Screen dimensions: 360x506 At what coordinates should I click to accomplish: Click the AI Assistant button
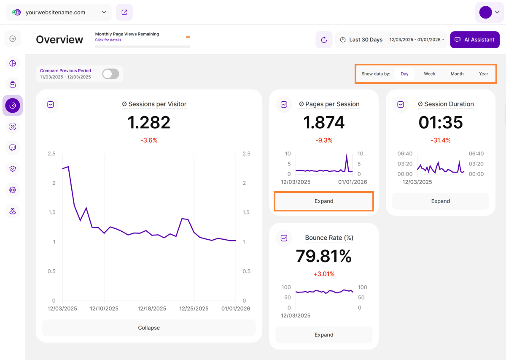tap(475, 40)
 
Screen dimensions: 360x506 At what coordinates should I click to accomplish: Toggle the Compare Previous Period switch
tap(110, 74)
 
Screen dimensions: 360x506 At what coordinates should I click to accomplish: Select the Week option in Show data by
tap(429, 74)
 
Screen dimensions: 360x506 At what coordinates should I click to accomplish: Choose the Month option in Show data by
tap(457, 74)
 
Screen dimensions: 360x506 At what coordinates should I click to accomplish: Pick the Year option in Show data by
tap(483, 74)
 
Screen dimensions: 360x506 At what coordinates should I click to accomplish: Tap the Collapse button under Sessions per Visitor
tap(149, 328)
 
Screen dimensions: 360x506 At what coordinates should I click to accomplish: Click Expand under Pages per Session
tap(324, 201)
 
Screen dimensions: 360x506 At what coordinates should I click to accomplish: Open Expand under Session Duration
tap(440, 201)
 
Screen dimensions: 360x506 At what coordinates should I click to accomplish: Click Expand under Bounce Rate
tap(324, 335)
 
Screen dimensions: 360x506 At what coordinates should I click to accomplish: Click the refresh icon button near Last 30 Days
tap(324, 40)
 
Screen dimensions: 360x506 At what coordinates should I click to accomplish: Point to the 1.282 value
tap(149, 122)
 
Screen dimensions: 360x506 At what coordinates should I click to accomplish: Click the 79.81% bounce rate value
tap(324, 256)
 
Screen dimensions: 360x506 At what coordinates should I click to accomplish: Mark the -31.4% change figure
tap(440, 140)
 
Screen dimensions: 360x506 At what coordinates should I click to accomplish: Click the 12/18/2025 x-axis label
tap(152, 309)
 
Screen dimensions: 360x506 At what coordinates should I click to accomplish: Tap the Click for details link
tap(108, 40)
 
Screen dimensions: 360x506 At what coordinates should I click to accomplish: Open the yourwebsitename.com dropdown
tap(59, 12)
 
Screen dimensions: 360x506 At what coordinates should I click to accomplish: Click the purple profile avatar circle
tap(485, 12)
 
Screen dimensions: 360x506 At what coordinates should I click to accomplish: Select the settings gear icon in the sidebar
tap(13, 190)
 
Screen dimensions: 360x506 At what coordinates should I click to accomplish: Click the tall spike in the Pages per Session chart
tap(347, 156)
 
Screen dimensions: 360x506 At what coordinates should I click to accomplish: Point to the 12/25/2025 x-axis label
tap(194, 309)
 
